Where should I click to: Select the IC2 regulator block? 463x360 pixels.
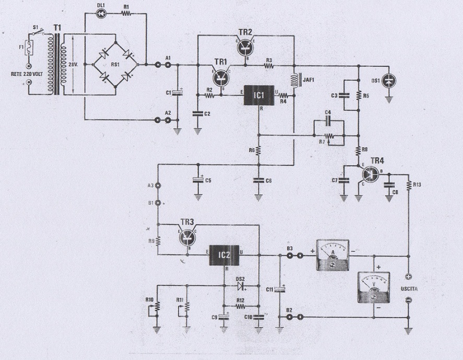pos(223,255)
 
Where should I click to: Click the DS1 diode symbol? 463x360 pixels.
pos(389,80)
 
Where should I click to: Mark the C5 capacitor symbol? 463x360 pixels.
pos(198,179)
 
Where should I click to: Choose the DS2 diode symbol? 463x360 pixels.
pos(241,286)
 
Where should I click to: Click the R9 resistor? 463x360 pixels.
pos(157,241)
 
